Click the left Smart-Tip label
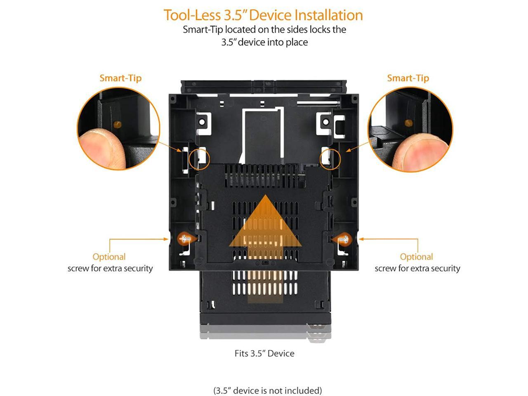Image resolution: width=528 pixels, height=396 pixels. pyautogui.click(x=120, y=78)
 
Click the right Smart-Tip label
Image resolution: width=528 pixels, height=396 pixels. pyautogui.click(x=408, y=78)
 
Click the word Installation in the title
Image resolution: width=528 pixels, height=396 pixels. pyautogui.click(x=328, y=15)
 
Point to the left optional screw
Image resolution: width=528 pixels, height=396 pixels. pyautogui.click(x=184, y=238)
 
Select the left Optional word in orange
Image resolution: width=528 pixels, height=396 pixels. pyautogui.click(x=109, y=257)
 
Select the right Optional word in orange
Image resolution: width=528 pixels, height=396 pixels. pyautogui.click(x=416, y=257)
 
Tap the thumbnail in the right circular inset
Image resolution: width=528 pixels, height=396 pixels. pyautogui.click(x=425, y=148)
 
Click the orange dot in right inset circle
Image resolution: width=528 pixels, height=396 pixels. pyautogui.click(x=409, y=123)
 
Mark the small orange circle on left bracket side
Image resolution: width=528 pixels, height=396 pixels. pyautogui.click(x=199, y=158)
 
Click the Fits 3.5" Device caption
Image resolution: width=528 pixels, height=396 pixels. pyautogui.click(x=264, y=354)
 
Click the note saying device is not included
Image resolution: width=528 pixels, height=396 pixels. pyautogui.click(x=267, y=390)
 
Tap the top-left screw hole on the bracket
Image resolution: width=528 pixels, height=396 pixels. pyautogui.click(x=203, y=122)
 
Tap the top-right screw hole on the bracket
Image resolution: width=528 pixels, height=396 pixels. pyautogui.click(x=325, y=122)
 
